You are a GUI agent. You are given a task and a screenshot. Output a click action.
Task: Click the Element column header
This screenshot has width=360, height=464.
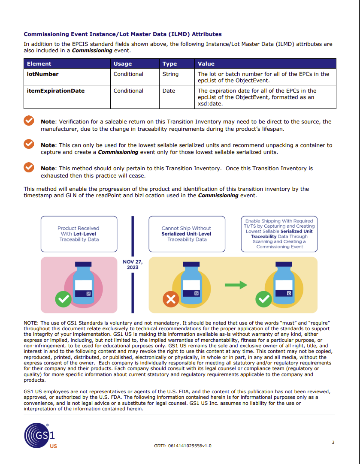point(39,64)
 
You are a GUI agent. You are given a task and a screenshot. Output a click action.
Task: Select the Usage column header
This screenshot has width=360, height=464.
point(123,64)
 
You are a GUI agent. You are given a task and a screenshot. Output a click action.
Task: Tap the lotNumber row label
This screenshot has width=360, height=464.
point(43,74)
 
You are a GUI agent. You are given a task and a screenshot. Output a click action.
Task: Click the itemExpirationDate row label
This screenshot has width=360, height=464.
point(56,91)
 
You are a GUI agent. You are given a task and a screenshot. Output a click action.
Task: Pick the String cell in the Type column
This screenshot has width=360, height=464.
point(170,74)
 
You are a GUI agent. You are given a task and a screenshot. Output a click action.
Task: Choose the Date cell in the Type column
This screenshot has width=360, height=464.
point(169,91)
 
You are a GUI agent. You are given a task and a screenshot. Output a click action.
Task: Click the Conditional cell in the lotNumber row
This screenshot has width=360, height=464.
point(128,74)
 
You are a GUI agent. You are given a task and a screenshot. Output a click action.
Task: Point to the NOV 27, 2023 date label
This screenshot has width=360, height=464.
point(132,265)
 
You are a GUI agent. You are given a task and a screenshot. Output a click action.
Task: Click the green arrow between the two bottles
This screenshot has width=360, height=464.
point(236,284)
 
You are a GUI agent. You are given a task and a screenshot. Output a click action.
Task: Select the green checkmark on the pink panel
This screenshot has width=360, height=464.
point(64,299)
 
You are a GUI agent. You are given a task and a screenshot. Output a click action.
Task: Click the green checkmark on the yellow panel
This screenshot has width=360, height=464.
point(263,299)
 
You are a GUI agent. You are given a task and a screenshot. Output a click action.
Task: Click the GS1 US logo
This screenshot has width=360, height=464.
point(40,436)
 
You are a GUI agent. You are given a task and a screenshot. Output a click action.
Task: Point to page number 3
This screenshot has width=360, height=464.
point(333,443)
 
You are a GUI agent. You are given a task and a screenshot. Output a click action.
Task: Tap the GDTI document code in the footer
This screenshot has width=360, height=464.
point(182,446)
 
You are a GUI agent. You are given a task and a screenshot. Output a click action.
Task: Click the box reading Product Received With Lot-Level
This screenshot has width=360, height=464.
point(79,234)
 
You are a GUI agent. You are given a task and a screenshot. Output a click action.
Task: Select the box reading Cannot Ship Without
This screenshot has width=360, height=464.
point(186,234)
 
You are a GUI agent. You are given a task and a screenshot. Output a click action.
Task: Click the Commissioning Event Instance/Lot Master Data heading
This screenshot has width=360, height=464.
point(123,34)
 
